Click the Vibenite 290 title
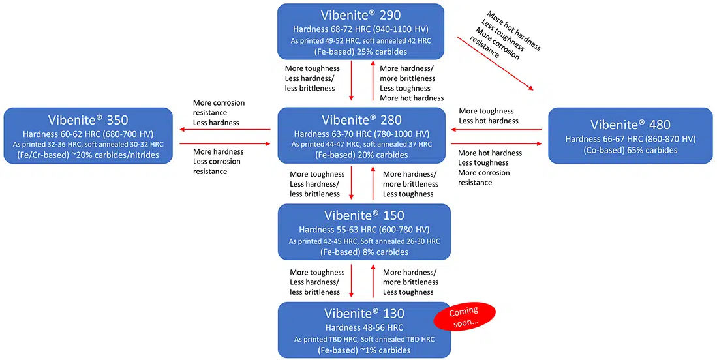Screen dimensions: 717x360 tap(361, 15)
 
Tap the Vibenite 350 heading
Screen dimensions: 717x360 tap(88, 120)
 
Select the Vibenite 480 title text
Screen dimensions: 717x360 tap(630, 125)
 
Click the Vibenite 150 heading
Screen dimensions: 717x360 tap(364, 216)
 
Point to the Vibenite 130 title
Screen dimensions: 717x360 tap(364, 314)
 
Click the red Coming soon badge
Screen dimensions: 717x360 tap(465, 316)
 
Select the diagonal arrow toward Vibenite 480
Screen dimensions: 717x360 tap(496, 63)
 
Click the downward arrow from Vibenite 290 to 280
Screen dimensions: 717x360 tap(351, 80)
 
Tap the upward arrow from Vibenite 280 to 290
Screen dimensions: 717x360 tap(373, 80)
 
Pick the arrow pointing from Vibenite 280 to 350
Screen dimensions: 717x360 tap(225, 130)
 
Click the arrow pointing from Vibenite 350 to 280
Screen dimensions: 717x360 tap(225, 144)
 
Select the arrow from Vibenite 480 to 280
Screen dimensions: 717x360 tap(496, 130)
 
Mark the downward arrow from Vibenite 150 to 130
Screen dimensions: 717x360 tap(351, 280)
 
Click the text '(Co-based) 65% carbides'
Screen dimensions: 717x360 tap(630, 150)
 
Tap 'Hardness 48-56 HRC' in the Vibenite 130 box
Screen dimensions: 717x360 tap(364, 327)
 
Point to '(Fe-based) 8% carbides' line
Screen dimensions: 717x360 tap(364, 252)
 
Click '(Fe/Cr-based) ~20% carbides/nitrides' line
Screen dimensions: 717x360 tap(88, 155)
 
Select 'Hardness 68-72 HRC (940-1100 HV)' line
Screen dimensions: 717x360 tap(361, 30)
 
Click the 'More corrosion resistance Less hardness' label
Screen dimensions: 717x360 tap(219, 113)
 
